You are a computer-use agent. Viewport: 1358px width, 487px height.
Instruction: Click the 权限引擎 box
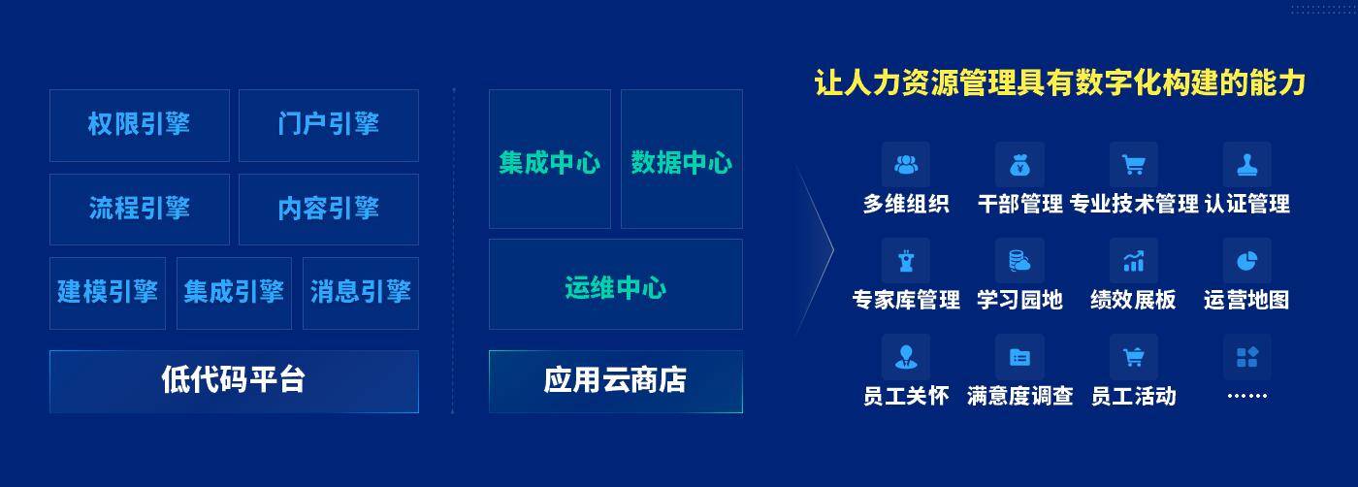140,125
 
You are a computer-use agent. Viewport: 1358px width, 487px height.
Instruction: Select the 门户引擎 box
329,125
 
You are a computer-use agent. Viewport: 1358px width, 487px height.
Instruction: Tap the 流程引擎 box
140,210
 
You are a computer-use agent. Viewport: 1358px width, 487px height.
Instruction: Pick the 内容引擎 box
329,210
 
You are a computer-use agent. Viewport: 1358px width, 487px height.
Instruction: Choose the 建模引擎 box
108,293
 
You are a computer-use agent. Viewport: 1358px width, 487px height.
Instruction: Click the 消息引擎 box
361,293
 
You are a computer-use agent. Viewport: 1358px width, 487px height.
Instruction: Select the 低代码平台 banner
234,381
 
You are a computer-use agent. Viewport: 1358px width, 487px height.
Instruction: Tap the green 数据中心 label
681,163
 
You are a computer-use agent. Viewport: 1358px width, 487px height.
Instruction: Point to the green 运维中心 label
615,287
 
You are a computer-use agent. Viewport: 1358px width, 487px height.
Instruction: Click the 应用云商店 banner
616,381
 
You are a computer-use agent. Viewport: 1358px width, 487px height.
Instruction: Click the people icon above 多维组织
906,164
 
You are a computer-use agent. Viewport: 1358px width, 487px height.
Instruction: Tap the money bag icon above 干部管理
1019,164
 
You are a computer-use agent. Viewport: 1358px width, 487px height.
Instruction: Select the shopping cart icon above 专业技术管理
1134,164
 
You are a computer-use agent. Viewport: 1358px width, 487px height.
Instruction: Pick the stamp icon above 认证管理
1247,164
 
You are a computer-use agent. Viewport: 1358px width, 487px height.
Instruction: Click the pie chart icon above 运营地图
1247,261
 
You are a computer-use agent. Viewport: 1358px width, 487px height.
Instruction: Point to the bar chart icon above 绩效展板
1134,261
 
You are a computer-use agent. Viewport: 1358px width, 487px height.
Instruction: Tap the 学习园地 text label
1019,300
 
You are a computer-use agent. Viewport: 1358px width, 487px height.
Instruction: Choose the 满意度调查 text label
1019,396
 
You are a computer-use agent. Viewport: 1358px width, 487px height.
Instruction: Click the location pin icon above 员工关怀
906,357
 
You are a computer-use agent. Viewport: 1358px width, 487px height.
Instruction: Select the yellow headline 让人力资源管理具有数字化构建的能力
1059,83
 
